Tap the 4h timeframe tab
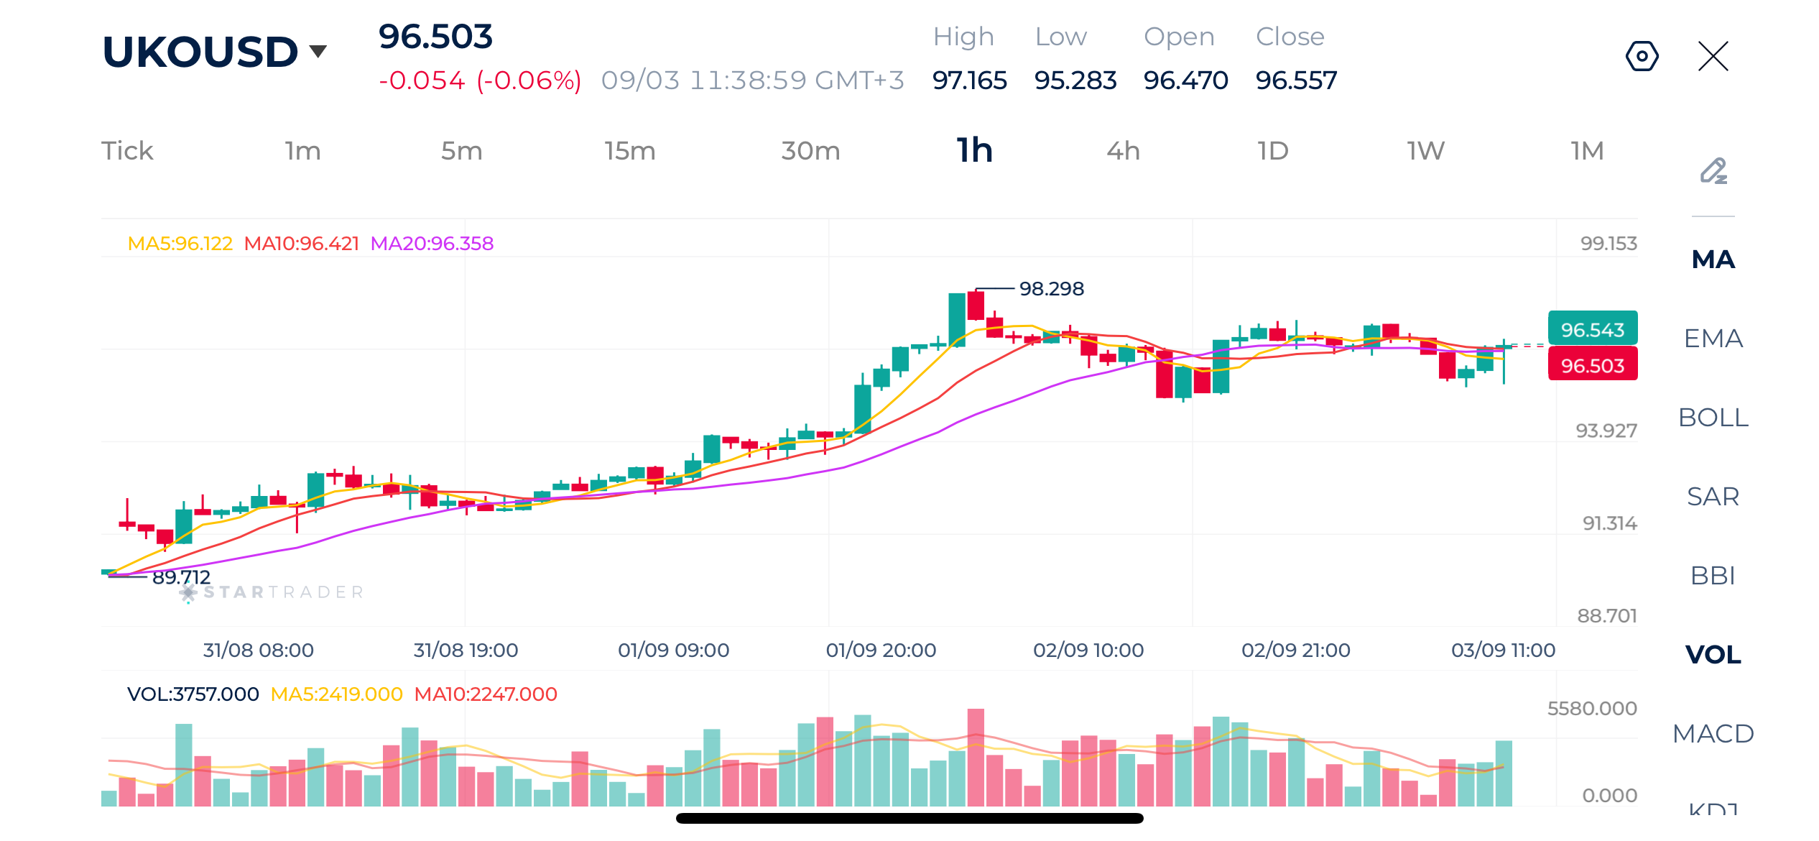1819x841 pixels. pyautogui.click(x=1123, y=151)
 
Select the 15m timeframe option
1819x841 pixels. pyautogui.click(x=630, y=151)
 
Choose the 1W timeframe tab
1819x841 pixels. pyautogui.click(x=1425, y=151)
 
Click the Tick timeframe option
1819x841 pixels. pyautogui.click(x=127, y=151)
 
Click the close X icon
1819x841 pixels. pyautogui.click(x=1713, y=56)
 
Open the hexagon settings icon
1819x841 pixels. pyautogui.click(x=1642, y=56)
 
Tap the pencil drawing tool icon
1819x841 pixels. pyautogui.click(x=1713, y=171)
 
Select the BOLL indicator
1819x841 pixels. pyautogui.click(x=1713, y=418)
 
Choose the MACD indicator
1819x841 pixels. pyautogui.click(x=1713, y=734)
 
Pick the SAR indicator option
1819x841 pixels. pyautogui.click(x=1713, y=497)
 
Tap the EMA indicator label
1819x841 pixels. pyautogui.click(x=1713, y=339)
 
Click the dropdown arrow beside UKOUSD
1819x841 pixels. pyautogui.click(x=318, y=51)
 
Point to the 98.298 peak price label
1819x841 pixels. pyautogui.click(x=1052, y=289)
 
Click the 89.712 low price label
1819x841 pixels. pyautogui.click(x=181, y=577)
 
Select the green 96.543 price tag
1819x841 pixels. pyautogui.click(x=1593, y=328)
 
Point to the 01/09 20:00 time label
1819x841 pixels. pyautogui.click(x=881, y=651)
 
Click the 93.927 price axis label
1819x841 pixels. pyautogui.click(x=1606, y=431)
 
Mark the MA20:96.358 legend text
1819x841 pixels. pyautogui.click(x=432, y=244)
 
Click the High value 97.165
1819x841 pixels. pyautogui.click(x=970, y=81)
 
